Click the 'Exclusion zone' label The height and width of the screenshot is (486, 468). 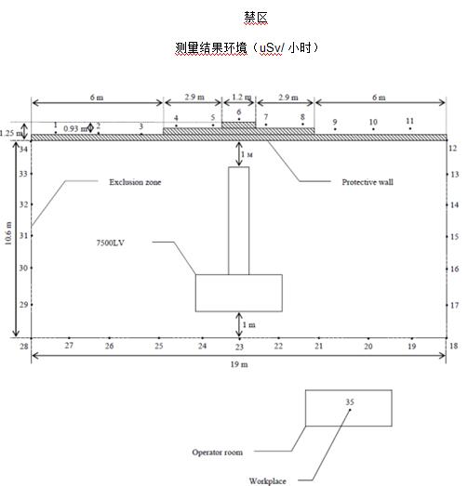(135, 182)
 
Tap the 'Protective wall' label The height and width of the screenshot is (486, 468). (368, 182)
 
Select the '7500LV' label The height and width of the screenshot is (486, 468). (111, 243)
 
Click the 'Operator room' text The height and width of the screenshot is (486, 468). (217, 453)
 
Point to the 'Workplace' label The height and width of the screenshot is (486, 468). (268, 481)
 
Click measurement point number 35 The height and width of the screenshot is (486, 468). (350, 402)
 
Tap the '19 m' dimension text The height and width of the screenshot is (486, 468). (239, 364)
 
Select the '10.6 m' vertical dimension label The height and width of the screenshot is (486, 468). (8, 233)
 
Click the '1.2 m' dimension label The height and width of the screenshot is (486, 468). (242, 97)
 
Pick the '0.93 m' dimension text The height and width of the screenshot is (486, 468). (75, 128)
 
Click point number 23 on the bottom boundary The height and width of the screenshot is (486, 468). (239, 347)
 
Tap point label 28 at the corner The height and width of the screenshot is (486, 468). (24, 347)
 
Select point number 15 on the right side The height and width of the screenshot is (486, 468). (454, 237)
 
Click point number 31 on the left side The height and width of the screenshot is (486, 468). (23, 236)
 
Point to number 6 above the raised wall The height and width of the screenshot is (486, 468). (239, 112)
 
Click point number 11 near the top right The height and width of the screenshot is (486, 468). (410, 121)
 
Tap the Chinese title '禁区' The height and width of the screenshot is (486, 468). (256, 18)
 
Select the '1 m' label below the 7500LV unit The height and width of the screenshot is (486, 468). (249, 325)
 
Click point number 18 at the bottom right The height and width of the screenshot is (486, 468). (454, 346)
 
